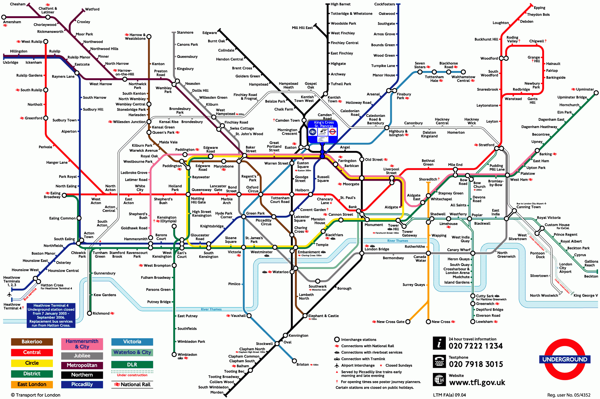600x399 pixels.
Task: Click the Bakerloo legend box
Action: [x=32, y=342]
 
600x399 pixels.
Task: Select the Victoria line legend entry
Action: [x=132, y=342]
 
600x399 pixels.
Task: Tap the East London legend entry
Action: [x=32, y=384]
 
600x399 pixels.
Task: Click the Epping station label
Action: [x=539, y=8]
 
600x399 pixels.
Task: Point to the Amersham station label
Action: [x=12, y=22]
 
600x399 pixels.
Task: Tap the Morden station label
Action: [x=217, y=392]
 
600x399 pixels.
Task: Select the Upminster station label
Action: [x=585, y=89]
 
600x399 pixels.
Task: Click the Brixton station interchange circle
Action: [x=294, y=361]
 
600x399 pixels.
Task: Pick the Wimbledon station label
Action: [x=187, y=354]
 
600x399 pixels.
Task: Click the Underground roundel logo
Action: [x=565, y=359]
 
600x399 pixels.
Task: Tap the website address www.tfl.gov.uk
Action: [x=477, y=383]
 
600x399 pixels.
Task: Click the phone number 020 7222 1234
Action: [x=476, y=346]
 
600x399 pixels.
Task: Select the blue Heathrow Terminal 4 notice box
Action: [x=51, y=315]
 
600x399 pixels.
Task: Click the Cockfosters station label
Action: [x=384, y=4]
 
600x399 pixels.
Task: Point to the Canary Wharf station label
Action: [x=459, y=250]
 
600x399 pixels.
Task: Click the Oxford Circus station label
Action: [x=252, y=189]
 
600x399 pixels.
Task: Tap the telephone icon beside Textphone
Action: [x=439, y=361]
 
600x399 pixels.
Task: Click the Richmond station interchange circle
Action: [x=90, y=313]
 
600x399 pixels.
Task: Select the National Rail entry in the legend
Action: [x=132, y=385]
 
